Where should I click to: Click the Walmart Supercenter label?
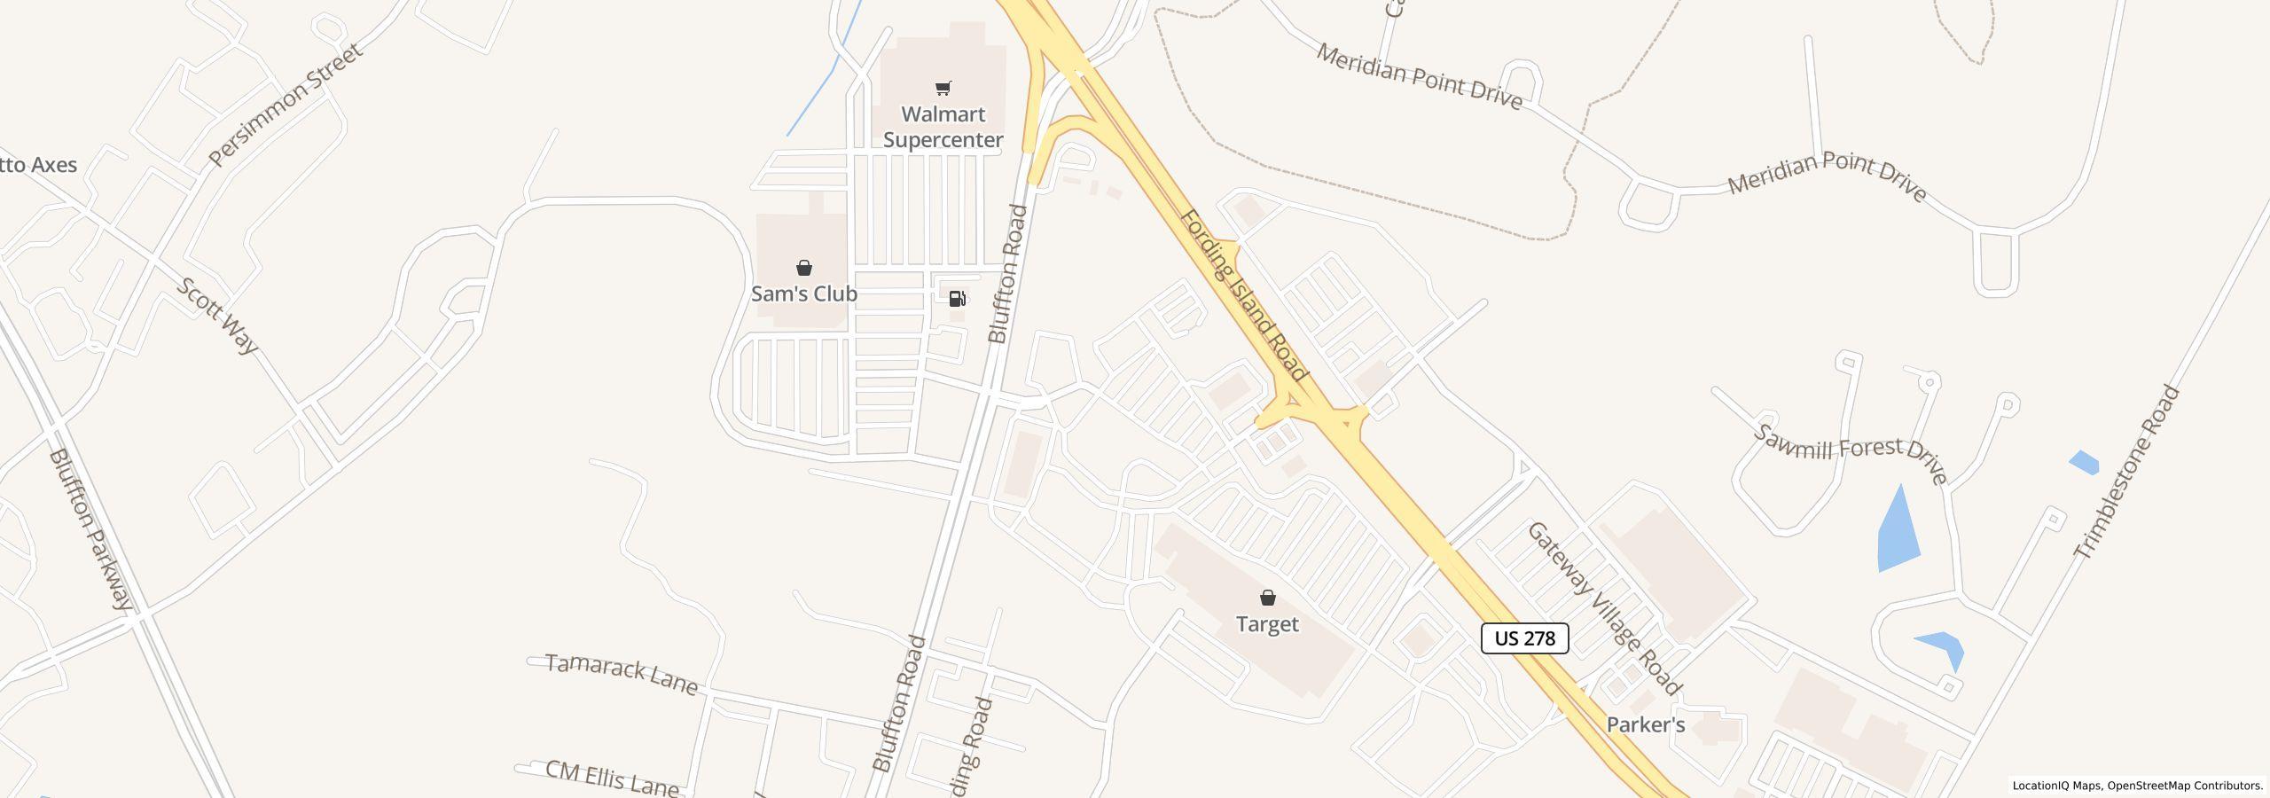point(943,127)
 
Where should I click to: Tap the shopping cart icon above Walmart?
point(943,88)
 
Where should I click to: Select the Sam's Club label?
point(803,293)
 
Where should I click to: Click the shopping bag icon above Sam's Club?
point(803,268)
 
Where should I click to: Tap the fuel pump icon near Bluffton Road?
point(958,299)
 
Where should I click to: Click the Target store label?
point(1267,624)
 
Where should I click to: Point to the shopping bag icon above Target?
point(1268,598)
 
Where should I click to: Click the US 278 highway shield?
point(1524,638)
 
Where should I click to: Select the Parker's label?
point(1645,725)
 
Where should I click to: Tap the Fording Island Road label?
point(1243,295)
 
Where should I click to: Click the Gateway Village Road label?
point(1603,608)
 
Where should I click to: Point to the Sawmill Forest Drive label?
point(1851,453)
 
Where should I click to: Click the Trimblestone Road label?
point(2126,472)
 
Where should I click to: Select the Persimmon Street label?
point(286,105)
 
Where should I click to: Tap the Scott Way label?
point(217,316)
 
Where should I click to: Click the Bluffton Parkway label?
point(90,529)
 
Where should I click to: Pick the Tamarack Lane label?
point(622,674)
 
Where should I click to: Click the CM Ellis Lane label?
point(612,778)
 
